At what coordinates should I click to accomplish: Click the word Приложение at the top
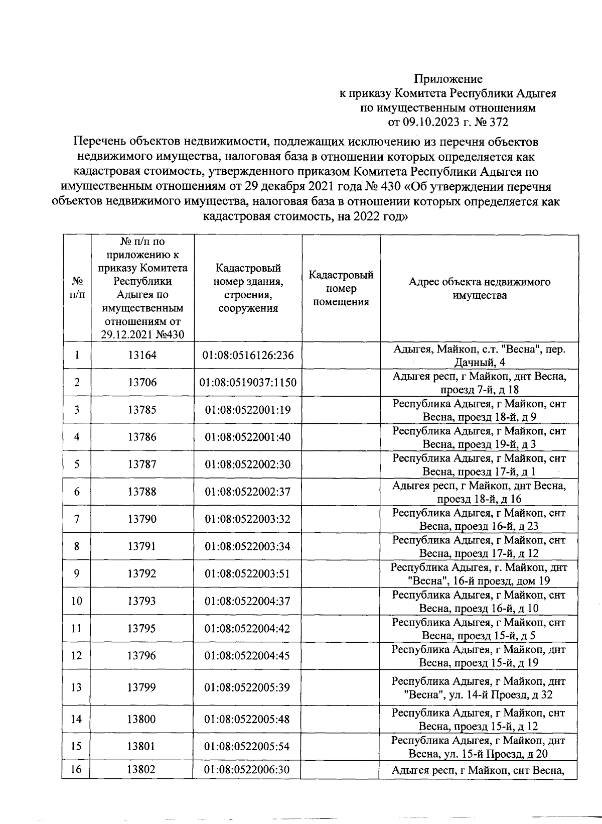coord(448,79)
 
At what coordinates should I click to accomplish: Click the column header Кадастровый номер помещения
coord(341,289)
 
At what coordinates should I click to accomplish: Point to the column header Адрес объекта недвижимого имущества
coord(479,289)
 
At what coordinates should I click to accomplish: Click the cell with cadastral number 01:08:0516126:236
coord(247,356)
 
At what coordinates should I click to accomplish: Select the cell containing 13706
coord(142,383)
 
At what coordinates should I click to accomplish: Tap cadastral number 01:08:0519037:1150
coord(247,383)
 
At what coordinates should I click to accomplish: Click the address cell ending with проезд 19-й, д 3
coord(479,437)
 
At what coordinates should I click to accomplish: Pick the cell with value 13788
coord(142,492)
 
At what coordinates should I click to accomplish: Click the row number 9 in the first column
coord(77,573)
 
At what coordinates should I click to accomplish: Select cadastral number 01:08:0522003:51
coord(247,573)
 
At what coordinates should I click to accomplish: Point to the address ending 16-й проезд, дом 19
coord(479,574)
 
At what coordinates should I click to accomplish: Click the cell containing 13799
coord(142,687)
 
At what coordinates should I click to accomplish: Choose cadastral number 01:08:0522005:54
coord(247,747)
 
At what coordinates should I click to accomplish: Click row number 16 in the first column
coord(76,770)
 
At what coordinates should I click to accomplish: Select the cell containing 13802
coord(142,770)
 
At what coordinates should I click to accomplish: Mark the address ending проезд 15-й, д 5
coord(479,629)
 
